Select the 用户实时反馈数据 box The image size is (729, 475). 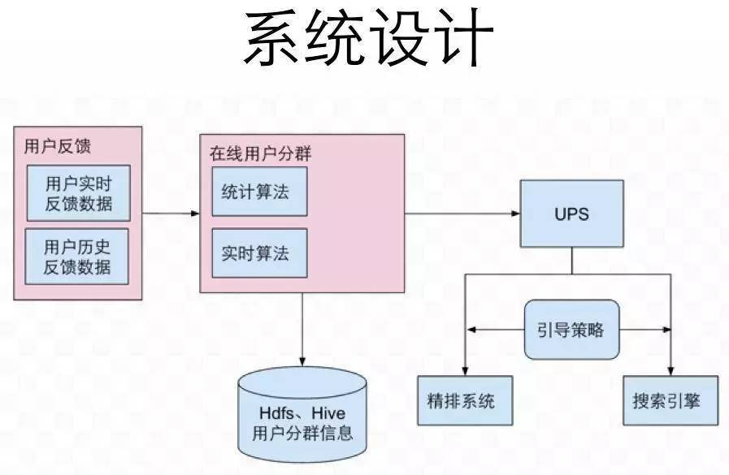click(78, 192)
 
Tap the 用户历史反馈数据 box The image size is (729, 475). click(78, 257)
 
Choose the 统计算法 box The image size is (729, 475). click(259, 192)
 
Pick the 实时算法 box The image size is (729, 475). click(259, 253)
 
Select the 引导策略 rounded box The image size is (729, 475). click(571, 330)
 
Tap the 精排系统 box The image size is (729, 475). click(465, 400)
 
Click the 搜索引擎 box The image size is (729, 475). click(670, 400)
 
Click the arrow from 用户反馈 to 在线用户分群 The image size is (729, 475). click(171, 214)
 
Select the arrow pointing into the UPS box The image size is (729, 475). click(463, 214)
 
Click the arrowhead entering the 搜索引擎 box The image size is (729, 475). click(671, 370)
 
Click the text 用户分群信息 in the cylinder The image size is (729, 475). click(302, 432)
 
